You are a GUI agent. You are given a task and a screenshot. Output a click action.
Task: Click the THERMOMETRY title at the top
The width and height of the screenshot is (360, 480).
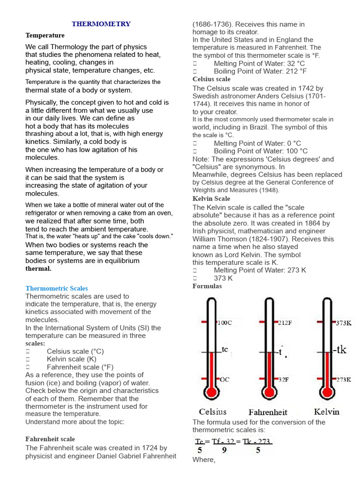pyautogui.click(x=101, y=24)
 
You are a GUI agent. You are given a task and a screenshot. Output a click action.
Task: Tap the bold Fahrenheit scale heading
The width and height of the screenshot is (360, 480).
pyautogui.click(x=50, y=439)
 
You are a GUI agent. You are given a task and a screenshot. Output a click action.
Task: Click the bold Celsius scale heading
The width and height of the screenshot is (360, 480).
pyautogui.click(x=211, y=79)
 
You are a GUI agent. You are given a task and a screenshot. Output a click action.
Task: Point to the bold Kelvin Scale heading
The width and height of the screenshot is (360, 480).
pyautogui.click(x=211, y=199)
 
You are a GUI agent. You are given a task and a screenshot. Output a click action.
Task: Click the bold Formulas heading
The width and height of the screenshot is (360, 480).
pyautogui.click(x=207, y=286)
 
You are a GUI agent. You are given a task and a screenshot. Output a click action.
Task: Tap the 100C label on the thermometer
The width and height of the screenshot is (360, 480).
pyautogui.click(x=224, y=323)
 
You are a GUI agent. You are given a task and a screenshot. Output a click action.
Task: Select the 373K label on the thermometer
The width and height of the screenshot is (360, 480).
pyautogui.click(x=344, y=323)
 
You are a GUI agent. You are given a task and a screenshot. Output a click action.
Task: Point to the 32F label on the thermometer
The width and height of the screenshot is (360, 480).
pyautogui.click(x=284, y=380)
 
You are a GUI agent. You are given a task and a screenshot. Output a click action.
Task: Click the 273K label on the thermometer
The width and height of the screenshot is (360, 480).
pyautogui.click(x=344, y=380)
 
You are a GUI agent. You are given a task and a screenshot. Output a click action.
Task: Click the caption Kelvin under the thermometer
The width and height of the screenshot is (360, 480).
pyautogui.click(x=327, y=412)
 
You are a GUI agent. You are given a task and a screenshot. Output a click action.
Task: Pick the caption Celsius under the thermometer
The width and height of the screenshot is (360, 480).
pyautogui.click(x=212, y=412)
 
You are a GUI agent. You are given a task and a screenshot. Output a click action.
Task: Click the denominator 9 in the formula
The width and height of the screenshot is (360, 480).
pyautogui.click(x=224, y=450)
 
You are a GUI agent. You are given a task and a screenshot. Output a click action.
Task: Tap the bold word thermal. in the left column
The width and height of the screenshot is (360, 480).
pyautogui.click(x=38, y=269)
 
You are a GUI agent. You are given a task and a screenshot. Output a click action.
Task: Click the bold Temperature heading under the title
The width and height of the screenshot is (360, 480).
pyautogui.click(x=45, y=36)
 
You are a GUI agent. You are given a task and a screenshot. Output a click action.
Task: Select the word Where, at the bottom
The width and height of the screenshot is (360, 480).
pyautogui.click(x=204, y=460)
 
